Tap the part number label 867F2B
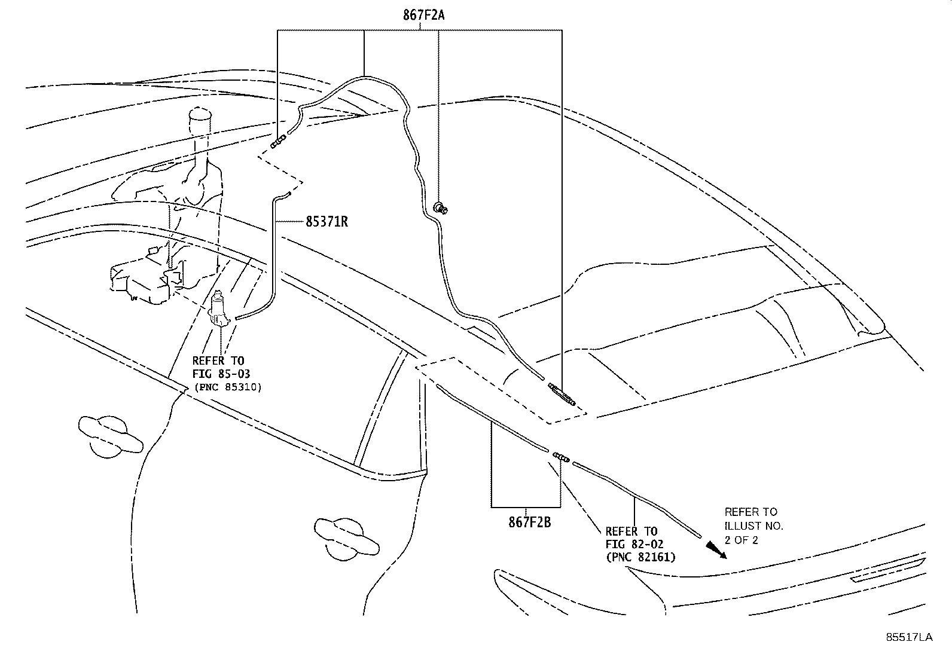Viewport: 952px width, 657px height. tap(529, 522)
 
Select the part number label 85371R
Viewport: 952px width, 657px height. tap(327, 222)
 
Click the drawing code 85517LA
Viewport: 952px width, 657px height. tap(909, 637)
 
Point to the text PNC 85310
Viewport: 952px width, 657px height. tap(228, 387)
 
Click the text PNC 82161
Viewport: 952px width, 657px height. tap(640, 557)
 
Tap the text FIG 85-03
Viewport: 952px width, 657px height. tap(221, 374)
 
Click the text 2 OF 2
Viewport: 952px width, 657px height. tap(742, 540)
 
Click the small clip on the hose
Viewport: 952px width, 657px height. tap(441, 208)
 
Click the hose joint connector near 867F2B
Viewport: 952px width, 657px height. tap(561, 457)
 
